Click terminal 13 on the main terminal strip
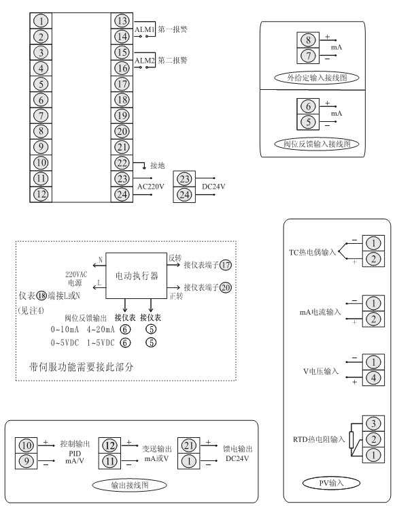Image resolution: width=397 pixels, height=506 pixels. tap(122, 21)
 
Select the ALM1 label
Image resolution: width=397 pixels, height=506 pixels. tap(145, 29)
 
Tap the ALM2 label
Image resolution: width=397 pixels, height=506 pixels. tap(145, 61)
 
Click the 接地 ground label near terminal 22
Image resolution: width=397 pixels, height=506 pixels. tap(158, 165)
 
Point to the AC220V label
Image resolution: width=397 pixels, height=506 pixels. tap(151, 187)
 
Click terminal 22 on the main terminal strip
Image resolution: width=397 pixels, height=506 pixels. tap(122, 163)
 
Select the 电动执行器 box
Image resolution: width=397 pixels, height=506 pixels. tap(137, 276)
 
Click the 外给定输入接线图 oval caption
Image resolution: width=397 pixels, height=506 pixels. tap(317, 78)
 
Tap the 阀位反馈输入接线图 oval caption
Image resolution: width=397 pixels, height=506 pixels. tap(317, 144)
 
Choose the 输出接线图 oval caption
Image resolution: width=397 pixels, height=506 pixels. tap(130, 485)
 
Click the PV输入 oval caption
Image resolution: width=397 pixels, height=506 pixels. tap(331, 483)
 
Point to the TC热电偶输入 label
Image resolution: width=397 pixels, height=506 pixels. tap(312, 252)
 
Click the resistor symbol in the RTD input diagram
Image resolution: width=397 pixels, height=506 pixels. tap(351, 439)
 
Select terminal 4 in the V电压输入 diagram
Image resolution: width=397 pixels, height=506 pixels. tap(373, 378)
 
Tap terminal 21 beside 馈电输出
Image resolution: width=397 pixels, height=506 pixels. tap(189, 445)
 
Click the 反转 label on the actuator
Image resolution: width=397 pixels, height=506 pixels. tap(175, 258)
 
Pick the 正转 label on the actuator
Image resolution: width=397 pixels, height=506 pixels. tap(176, 296)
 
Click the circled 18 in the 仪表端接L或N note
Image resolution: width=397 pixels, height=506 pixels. tap(41, 296)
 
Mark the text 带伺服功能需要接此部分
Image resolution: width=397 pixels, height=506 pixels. tap(81, 367)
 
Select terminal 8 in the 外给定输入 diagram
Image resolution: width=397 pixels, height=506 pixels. tap(308, 40)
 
